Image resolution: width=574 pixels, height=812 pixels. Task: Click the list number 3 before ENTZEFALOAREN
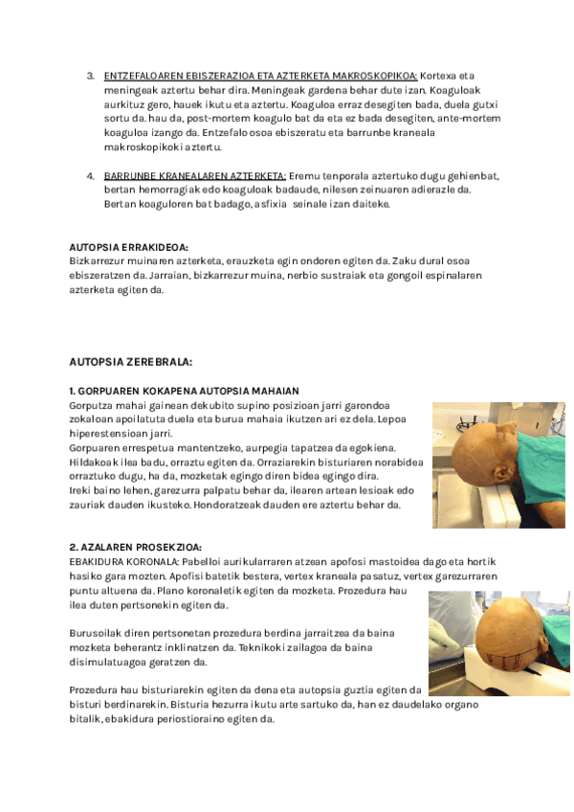(x=90, y=76)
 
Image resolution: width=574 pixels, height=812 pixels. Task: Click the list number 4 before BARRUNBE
(x=90, y=177)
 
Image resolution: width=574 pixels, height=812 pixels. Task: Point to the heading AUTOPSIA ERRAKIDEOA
(x=128, y=247)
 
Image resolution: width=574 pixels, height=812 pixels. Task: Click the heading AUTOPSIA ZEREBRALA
(x=131, y=363)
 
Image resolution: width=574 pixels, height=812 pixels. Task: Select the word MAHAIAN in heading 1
(x=277, y=391)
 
